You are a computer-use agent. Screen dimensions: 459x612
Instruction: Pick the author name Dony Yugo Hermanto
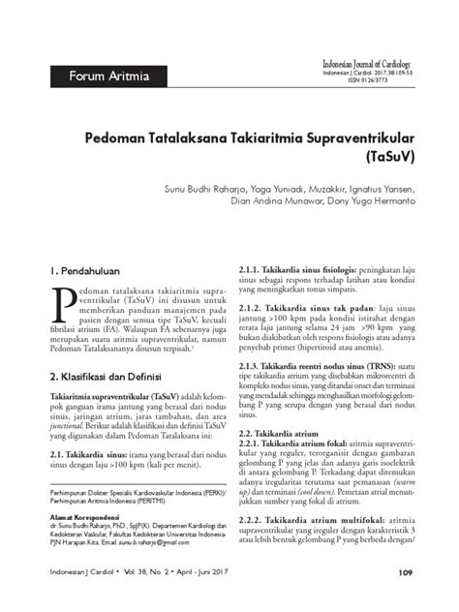383,192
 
